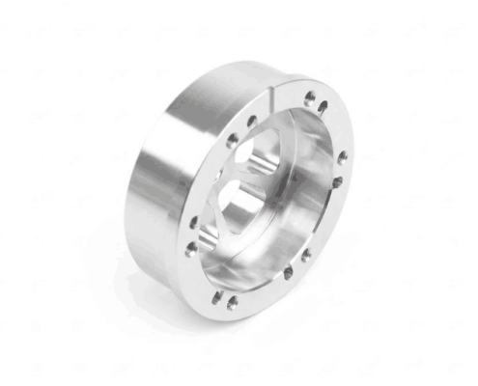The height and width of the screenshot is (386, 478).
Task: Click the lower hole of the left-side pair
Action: [191, 247]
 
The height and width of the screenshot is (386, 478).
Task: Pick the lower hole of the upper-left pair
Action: [233, 141]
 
